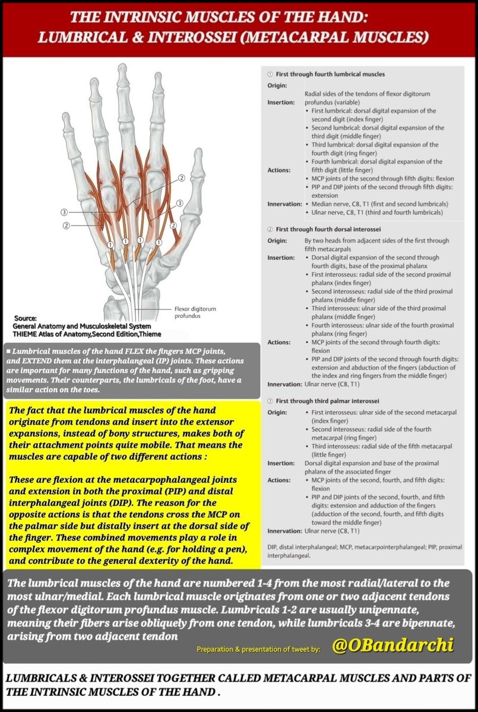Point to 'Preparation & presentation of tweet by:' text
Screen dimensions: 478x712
click(258, 649)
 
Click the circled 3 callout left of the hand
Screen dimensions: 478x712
click(64, 212)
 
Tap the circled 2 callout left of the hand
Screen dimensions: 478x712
click(67, 225)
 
